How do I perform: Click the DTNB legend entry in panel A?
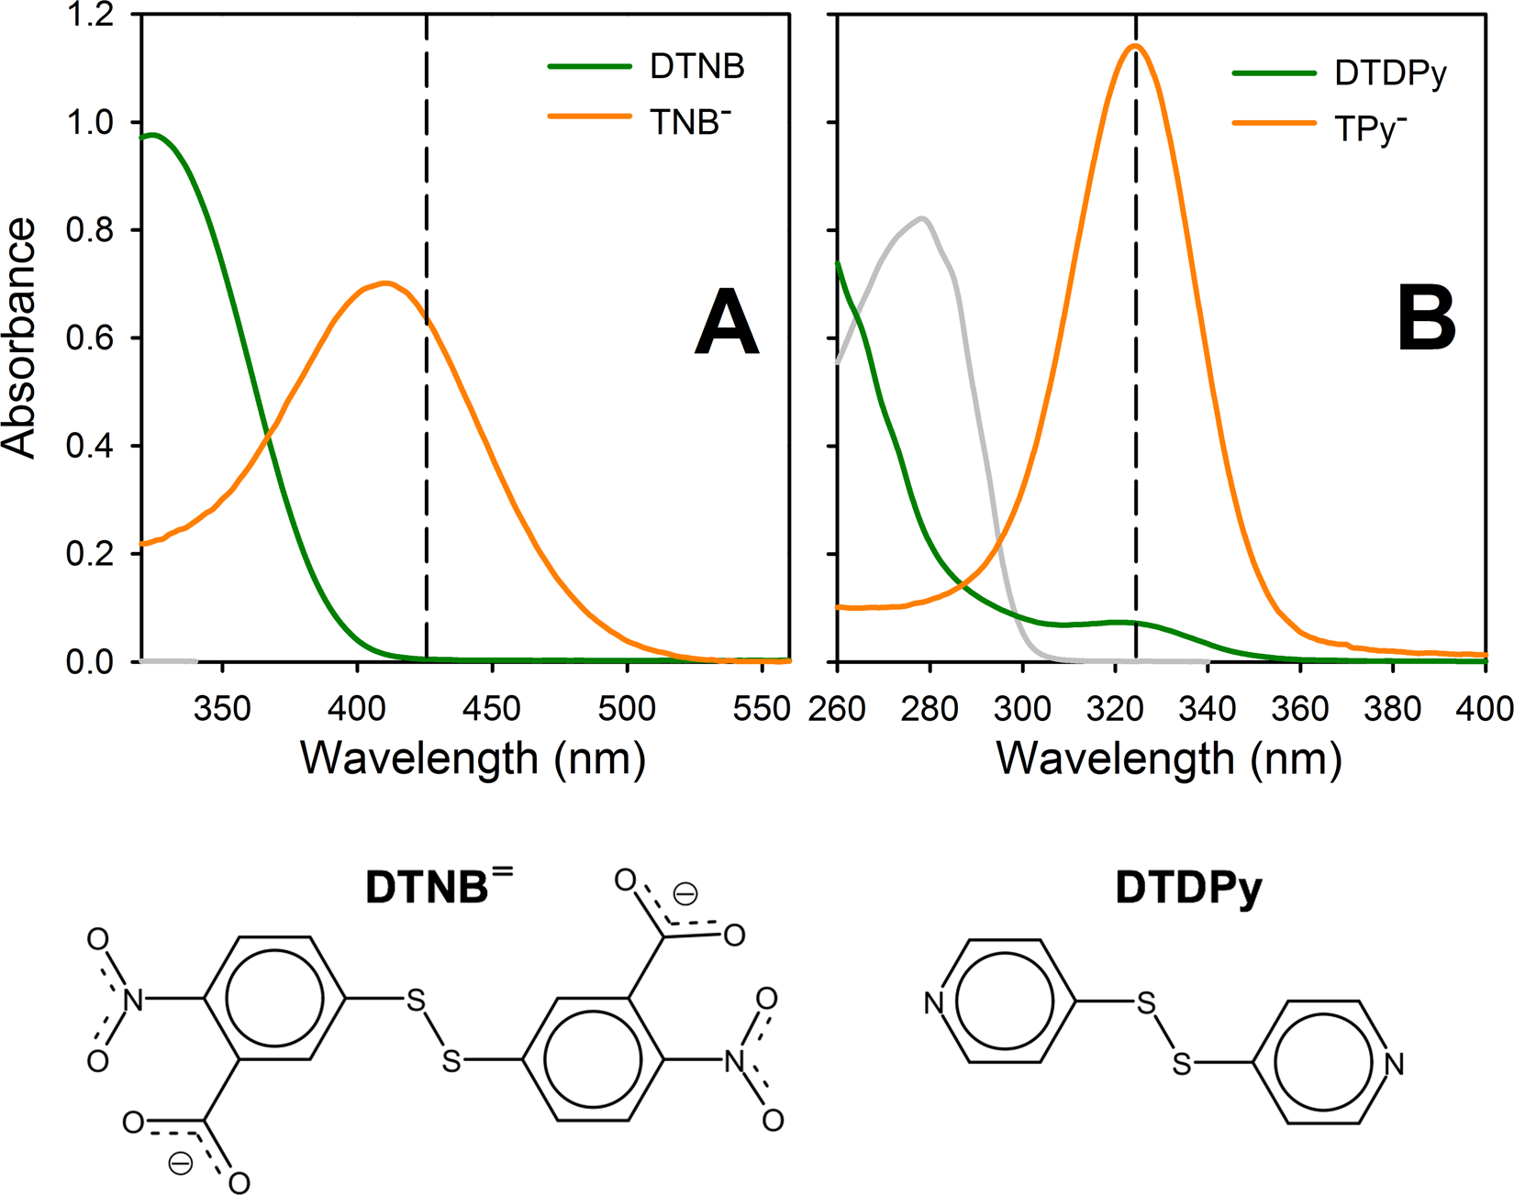click(x=696, y=66)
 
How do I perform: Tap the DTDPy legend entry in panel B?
click(x=1389, y=73)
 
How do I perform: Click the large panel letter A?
click(x=726, y=322)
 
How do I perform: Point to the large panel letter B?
click(x=1426, y=319)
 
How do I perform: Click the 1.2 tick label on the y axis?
click(x=89, y=16)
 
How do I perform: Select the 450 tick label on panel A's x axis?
click(x=493, y=709)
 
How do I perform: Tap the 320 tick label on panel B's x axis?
click(x=1115, y=709)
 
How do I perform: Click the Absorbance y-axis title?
click(x=20, y=337)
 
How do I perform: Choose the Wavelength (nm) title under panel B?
click(x=1169, y=759)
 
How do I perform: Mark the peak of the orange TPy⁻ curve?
click(x=1136, y=45)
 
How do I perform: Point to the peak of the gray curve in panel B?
click(x=922, y=218)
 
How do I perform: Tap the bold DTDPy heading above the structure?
click(x=1188, y=888)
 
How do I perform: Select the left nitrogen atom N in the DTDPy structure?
click(x=934, y=1003)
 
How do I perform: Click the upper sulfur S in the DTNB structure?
click(x=417, y=1001)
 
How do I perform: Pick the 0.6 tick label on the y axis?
click(x=89, y=338)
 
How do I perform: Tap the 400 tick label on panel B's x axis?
click(x=1485, y=709)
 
